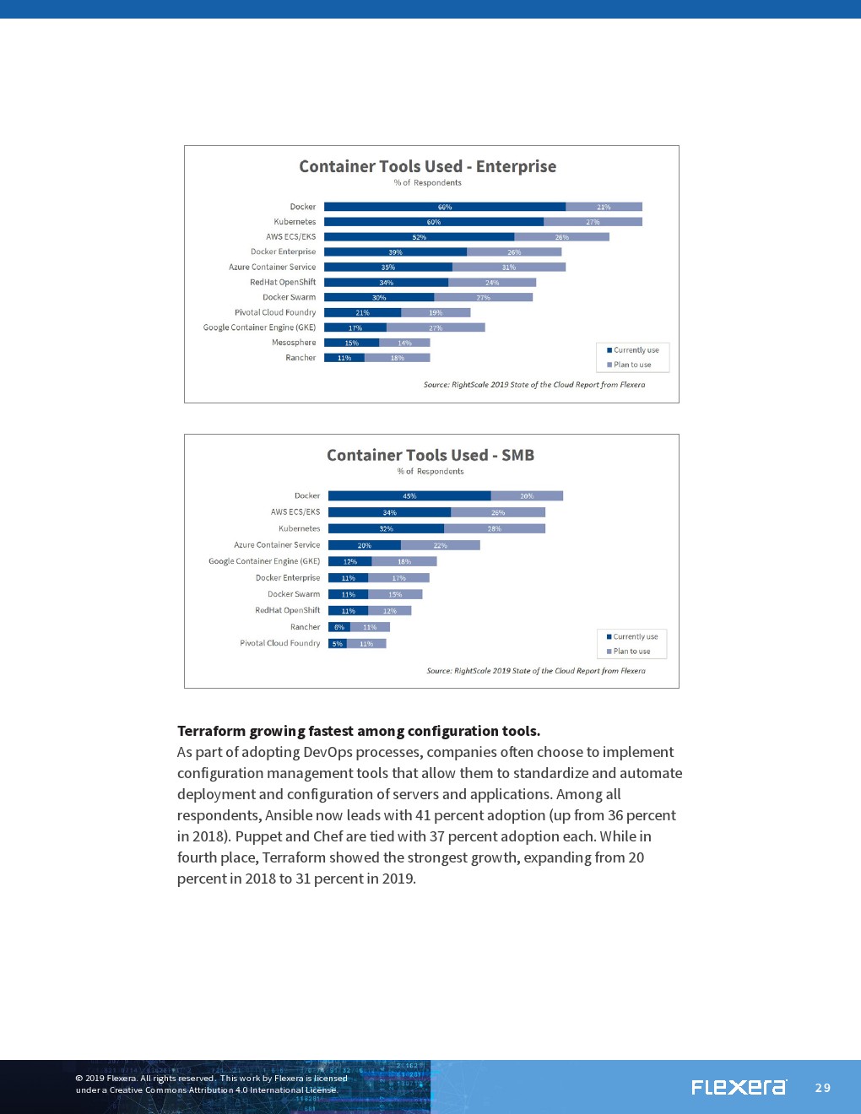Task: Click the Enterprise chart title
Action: [x=427, y=166]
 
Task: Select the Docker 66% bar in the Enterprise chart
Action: [x=445, y=207]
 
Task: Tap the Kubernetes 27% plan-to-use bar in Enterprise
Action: [x=593, y=222]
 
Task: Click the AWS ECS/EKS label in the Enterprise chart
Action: [x=290, y=237]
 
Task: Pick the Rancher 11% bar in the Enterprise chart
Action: [x=344, y=358]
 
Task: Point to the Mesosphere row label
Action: [x=294, y=343]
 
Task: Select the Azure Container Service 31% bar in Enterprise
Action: [x=509, y=268]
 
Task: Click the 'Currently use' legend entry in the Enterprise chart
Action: [x=636, y=350]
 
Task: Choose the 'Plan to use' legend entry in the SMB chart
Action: [x=631, y=652]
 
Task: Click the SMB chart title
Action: [x=430, y=455]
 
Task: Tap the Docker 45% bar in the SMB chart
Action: [x=409, y=496]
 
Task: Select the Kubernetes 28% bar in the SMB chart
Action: [x=495, y=529]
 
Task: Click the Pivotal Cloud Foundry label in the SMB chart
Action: [x=280, y=643]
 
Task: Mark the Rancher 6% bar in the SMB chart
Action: [x=339, y=627]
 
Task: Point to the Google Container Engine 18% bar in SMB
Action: [x=404, y=561]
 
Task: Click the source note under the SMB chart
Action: [x=536, y=671]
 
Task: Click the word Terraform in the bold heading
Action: [x=211, y=731]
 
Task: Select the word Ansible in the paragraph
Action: [x=288, y=815]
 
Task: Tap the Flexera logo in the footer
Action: [x=739, y=1087]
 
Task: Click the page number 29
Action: [x=823, y=1088]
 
